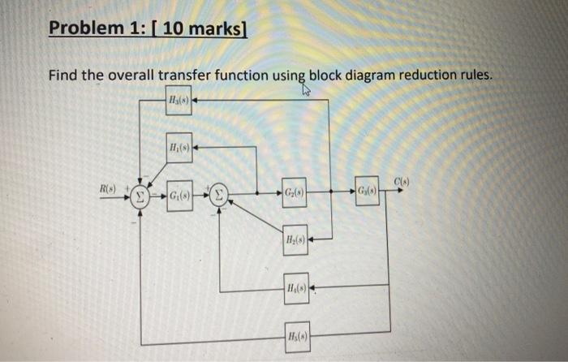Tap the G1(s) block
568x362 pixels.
click(x=180, y=196)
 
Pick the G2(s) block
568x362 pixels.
click(x=295, y=193)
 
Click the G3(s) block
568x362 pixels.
click(x=367, y=192)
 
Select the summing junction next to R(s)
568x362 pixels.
click(x=140, y=196)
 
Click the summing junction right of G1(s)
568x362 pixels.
click(x=221, y=195)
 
